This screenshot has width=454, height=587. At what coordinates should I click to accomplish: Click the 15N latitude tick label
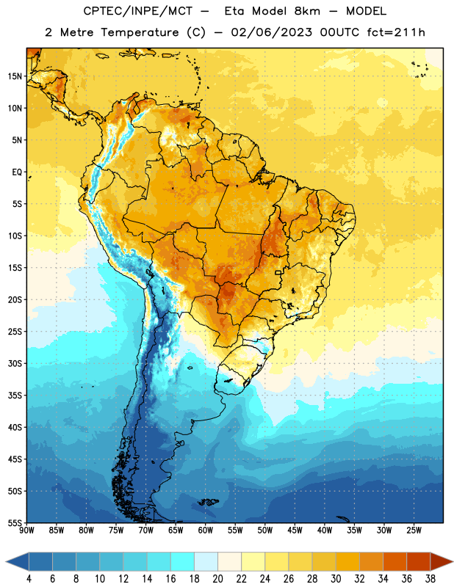click(15, 76)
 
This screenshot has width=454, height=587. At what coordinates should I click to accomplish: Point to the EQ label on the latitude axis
click(17, 172)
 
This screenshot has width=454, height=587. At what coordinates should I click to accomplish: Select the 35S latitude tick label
click(15, 395)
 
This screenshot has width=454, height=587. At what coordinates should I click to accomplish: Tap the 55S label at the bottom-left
click(15, 522)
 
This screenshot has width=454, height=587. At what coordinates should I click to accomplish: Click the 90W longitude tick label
click(26, 531)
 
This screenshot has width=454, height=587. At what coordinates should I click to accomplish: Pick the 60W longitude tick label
click(206, 531)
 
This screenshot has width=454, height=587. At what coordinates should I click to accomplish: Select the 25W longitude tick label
click(414, 531)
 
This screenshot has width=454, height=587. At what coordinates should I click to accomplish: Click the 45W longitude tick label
click(295, 531)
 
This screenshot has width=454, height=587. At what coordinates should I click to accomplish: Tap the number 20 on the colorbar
click(217, 579)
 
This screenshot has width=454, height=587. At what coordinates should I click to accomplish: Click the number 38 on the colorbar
click(430, 579)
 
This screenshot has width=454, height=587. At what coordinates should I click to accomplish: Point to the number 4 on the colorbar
click(29, 579)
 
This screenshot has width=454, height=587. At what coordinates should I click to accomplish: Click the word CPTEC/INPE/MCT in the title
click(138, 11)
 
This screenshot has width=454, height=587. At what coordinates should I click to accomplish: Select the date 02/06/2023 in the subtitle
click(271, 32)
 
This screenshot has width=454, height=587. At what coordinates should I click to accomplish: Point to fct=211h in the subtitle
click(396, 32)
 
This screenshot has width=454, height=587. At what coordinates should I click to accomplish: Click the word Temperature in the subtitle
click(140, 32)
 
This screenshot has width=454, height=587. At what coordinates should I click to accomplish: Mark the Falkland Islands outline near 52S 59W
click(208, 502)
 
